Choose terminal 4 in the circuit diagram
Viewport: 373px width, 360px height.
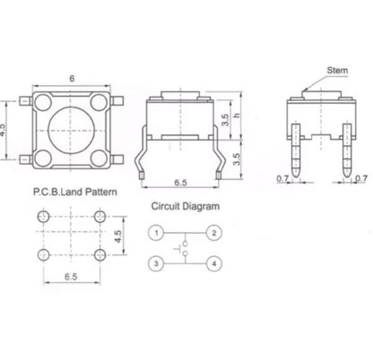tap(214, 263)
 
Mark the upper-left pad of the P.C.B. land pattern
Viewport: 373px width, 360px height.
tap(44, 219)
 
